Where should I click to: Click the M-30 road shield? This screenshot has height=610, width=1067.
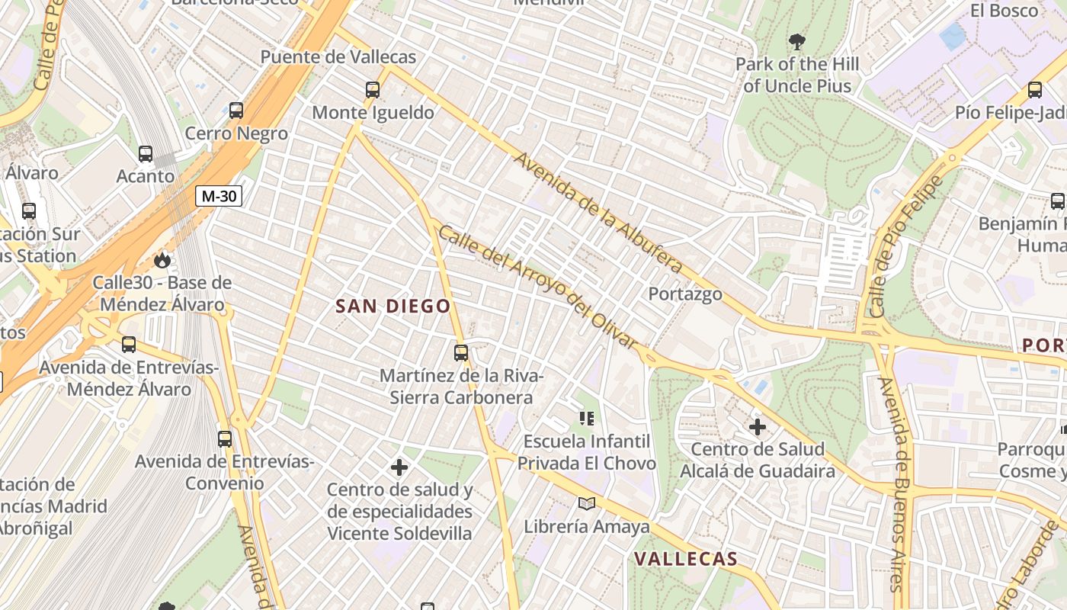[219, 196]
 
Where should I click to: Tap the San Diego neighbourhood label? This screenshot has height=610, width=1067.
[393, 307]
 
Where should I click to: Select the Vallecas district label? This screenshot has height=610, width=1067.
[686, 559]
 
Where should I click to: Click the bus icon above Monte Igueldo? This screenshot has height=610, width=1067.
[373, 90]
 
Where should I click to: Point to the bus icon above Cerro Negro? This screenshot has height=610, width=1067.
[236, 111]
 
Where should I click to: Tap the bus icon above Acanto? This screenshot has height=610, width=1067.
[146, 154]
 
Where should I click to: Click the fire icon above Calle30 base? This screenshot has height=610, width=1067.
[162, 261]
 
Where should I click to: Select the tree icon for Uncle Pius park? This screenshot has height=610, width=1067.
[797, 41]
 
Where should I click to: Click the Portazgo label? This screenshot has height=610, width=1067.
[685, 294]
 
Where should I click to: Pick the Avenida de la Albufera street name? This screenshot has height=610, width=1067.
[598, 213]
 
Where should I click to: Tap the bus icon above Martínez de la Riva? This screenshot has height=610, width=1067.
[461, 353]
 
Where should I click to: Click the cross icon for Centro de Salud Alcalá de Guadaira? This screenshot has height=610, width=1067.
[758, 427]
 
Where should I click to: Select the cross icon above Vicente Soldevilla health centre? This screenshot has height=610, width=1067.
[399, 467]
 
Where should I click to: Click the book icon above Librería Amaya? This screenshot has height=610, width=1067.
[586, 503]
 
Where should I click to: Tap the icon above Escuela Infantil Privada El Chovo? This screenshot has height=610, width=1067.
[586, 418]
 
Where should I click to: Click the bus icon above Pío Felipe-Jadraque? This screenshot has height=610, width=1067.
[1035, 90]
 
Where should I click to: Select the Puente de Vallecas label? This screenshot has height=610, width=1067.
[338, 57]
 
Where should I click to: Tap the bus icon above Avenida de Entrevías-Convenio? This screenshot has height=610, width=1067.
[225, 439]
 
